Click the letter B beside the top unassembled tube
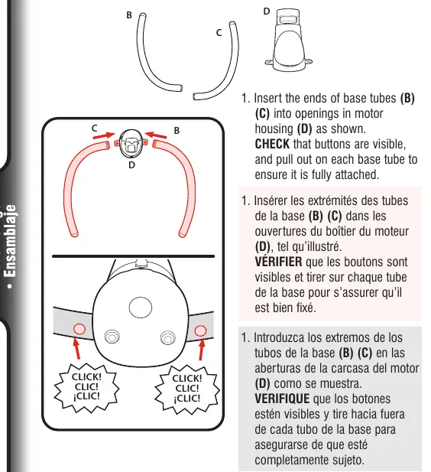pyautogui.click(x=129, y=15)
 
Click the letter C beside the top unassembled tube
pyautogui.click(x=219, y=32)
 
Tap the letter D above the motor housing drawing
pyautogui.click(x=267, y=11)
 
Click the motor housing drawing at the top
pyautogui.click(x=288, y=40)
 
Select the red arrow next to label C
pyautogui.click(x=104, y=135)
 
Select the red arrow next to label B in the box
pyautogui.click(x=155, y=135)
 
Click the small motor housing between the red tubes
pyautogui.click(x=131, y=143)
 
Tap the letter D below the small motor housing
pyautogui.click(x=131, y=165)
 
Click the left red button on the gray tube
pyautogui.click(x=79, y=329)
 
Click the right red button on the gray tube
pyautogui.click(x=200, y=330)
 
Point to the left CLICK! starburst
pyautogui.click(x=86, y=387)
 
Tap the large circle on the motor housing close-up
pyautogui.click(x=140, y=308)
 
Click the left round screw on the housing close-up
pyautogui.click(x=112, y=337)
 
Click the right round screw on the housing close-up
pyautogui.click(x=167, y=337)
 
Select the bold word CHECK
pyautogui.click(x=272, y=144)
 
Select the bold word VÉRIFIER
pyautogui.click(x=278, y=261)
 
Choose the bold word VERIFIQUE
pyautogui.click(x=282, y=399)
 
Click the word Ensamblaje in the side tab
pyautogui.click(x=11, y=241)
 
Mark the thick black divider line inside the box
pyautogui.click(x=133, y=256)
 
